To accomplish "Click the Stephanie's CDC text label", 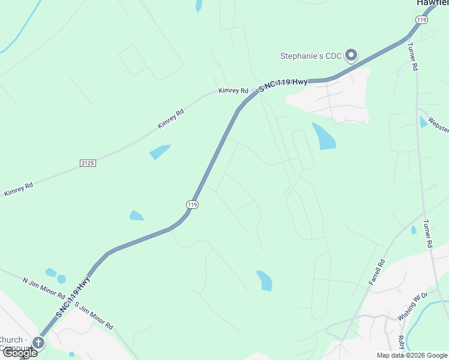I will click(311, 56).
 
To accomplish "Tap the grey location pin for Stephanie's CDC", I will click(351, 55).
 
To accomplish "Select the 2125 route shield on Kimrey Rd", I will click(88, 163).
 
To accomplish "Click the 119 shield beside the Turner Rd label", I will click(422, 20).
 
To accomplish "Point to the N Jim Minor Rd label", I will click(43, 288).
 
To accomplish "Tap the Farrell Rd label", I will click(376, 272).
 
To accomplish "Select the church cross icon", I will click(38, 343).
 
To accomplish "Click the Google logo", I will click(19, 353).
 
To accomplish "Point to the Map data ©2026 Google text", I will click(412, 355).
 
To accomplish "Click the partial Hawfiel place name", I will click(433, 3).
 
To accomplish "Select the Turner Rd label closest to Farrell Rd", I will click(427, 233).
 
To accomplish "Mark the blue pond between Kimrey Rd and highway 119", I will click(160, 152).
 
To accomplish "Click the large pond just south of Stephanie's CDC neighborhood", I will click(323, 136).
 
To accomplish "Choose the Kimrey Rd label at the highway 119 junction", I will click(234, 91).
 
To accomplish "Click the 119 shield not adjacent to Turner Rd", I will click(192, 205).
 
